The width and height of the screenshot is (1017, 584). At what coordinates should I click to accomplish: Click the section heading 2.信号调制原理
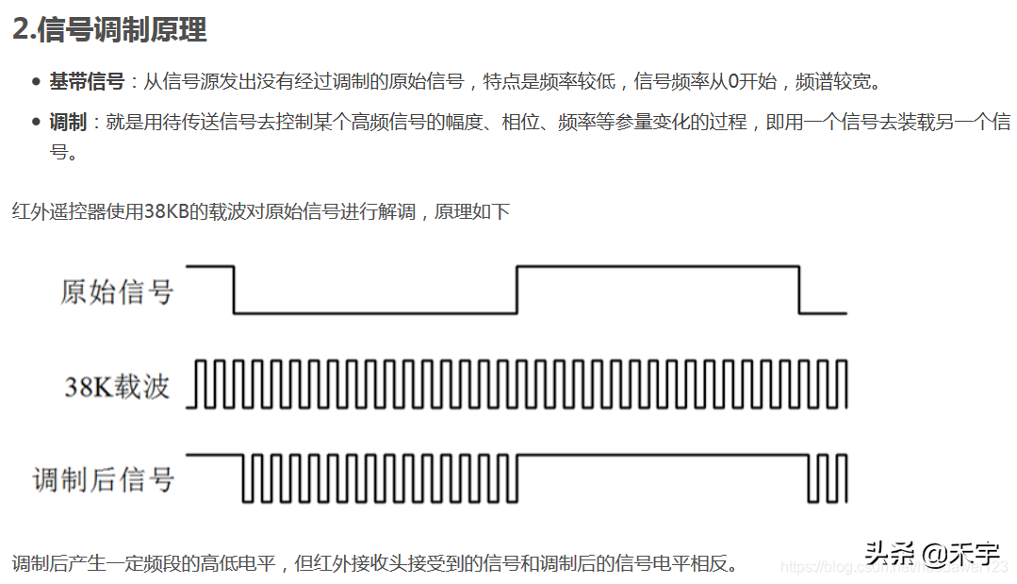(109, 29)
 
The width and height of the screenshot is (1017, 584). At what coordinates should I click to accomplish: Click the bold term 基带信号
(87, 81)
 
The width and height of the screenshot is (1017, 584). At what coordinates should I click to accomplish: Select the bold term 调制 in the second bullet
(68, 122)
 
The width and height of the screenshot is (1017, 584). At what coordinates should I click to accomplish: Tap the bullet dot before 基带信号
(36, 82)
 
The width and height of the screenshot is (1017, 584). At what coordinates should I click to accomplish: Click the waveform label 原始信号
(117, 292)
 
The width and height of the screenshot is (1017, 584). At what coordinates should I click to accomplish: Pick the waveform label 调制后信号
(104, 479)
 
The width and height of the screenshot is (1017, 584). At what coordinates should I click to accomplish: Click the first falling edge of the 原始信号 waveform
(233, 290)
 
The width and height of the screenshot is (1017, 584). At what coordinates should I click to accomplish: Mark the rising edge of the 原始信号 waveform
(517, 290)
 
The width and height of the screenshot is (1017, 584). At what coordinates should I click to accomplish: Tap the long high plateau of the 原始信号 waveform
(657, 267)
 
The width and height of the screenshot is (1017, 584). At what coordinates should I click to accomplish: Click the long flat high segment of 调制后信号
(660, 456)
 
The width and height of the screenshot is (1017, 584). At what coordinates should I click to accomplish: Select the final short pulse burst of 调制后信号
(828, 478)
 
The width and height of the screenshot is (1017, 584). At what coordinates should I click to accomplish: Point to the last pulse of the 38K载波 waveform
(842, 384)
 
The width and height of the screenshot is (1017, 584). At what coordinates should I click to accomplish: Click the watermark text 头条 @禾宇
(932, 552)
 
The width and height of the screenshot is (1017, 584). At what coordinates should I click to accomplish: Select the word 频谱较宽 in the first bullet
(837, 81)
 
